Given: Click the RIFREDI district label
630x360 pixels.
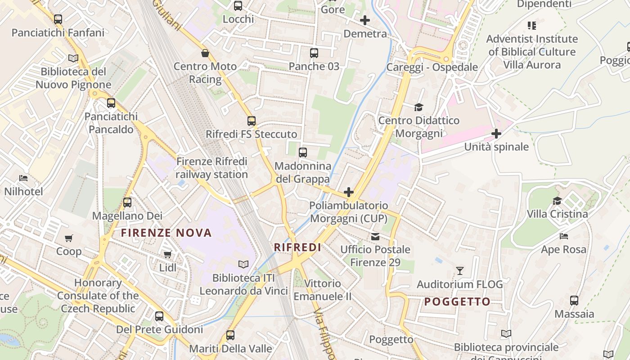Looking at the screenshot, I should coord(297,247).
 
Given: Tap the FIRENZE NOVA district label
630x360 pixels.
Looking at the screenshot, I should coord(166,233).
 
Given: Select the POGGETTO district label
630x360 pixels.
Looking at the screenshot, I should coord(457,301).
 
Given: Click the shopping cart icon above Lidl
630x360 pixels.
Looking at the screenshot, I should coord(168,255).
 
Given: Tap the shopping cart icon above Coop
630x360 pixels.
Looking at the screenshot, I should coord(68,238).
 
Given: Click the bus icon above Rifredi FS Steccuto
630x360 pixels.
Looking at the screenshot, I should coord(251,121).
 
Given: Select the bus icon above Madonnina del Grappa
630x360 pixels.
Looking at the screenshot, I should coord(303,152).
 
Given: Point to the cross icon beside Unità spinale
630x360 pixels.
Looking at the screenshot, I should coord(496,134).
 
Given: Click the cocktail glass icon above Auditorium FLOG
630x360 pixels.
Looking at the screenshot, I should coord(459,271).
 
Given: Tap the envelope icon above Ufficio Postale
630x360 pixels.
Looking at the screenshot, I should coord(375,236).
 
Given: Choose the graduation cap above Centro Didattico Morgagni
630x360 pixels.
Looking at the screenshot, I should coord(419,107).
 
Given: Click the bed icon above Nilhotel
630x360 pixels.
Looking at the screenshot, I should coord(23,178).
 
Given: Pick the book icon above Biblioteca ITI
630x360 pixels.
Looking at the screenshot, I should coord(243,265).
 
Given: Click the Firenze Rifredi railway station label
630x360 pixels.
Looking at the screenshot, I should coord(211,168).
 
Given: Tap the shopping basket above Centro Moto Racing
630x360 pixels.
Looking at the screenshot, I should coord(205,53).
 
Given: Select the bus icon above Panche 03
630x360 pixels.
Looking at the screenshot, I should coord(314,53).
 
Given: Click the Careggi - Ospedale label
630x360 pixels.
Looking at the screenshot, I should coord(432,67).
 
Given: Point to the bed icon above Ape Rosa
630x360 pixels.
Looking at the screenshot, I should coord(564,236).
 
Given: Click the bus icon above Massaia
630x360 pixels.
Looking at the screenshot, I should coord(574,301).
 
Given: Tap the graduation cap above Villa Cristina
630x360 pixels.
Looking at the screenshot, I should coord(558,201).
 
